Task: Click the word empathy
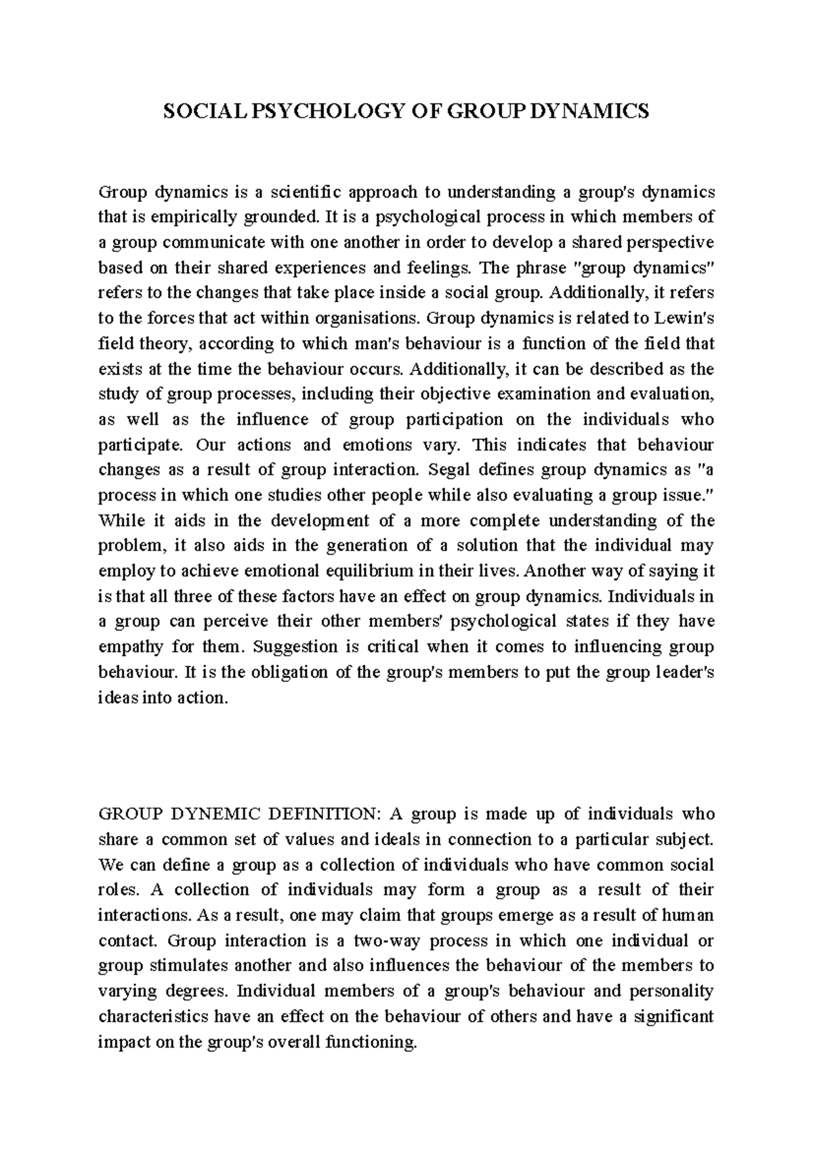128,647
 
